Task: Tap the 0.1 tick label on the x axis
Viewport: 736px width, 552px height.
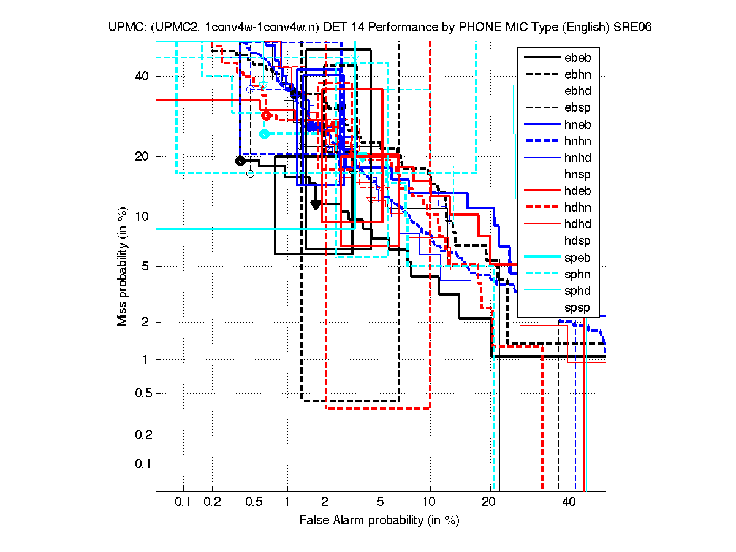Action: point(184,502)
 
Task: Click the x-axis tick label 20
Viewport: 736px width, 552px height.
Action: point(488,502)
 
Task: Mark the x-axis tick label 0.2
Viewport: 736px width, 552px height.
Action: point(213,502)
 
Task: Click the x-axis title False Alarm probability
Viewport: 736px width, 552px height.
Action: point(379,520)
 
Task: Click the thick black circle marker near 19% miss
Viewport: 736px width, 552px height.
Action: point(240,161)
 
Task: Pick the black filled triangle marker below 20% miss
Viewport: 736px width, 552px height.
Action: point(316,204)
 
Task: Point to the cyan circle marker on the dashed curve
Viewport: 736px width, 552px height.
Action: point(264,134)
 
